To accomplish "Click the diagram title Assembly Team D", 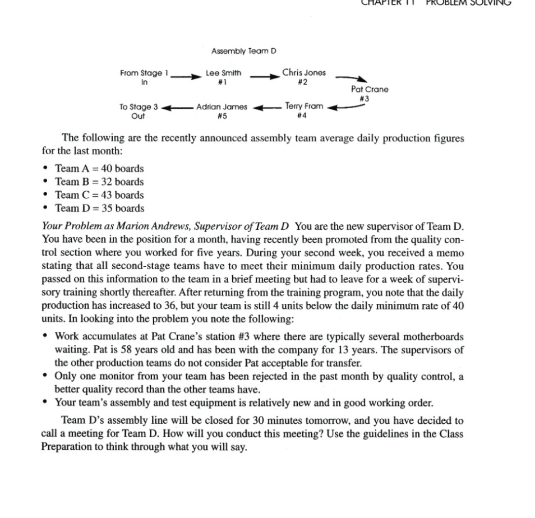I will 244,51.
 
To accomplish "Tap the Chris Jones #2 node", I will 303,76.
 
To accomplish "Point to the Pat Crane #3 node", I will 369,94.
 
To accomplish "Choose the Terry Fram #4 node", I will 304,110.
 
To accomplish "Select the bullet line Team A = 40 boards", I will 99,168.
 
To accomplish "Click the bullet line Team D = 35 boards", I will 99,209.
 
